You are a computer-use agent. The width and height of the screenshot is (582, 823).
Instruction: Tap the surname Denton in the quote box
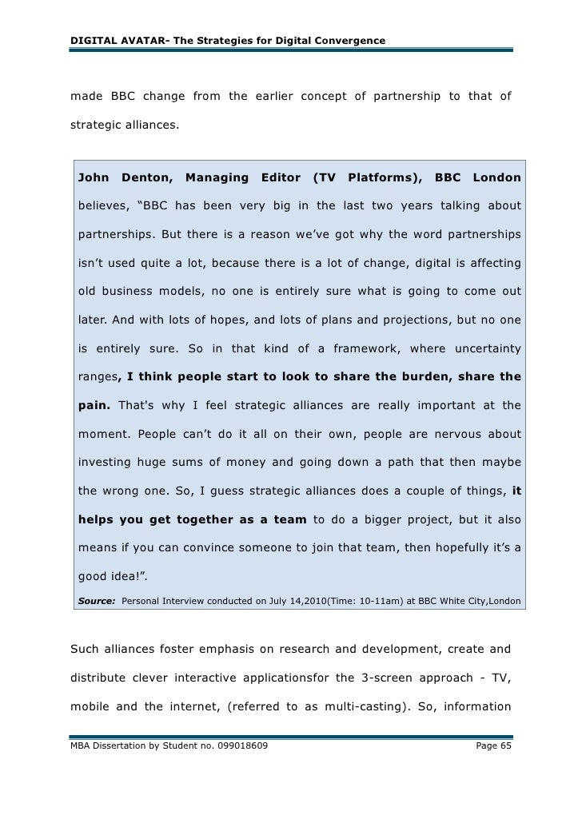[x=147, y=177]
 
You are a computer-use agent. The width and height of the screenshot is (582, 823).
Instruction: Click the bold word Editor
[x=277, y=177]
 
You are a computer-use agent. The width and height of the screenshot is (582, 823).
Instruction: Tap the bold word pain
[x=94, y=405]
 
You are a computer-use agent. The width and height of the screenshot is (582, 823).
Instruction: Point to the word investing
[x=104, y=463]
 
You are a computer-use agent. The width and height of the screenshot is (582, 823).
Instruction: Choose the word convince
[x=230, y=549]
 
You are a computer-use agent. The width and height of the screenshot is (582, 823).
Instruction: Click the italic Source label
[x=96, y=600]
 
